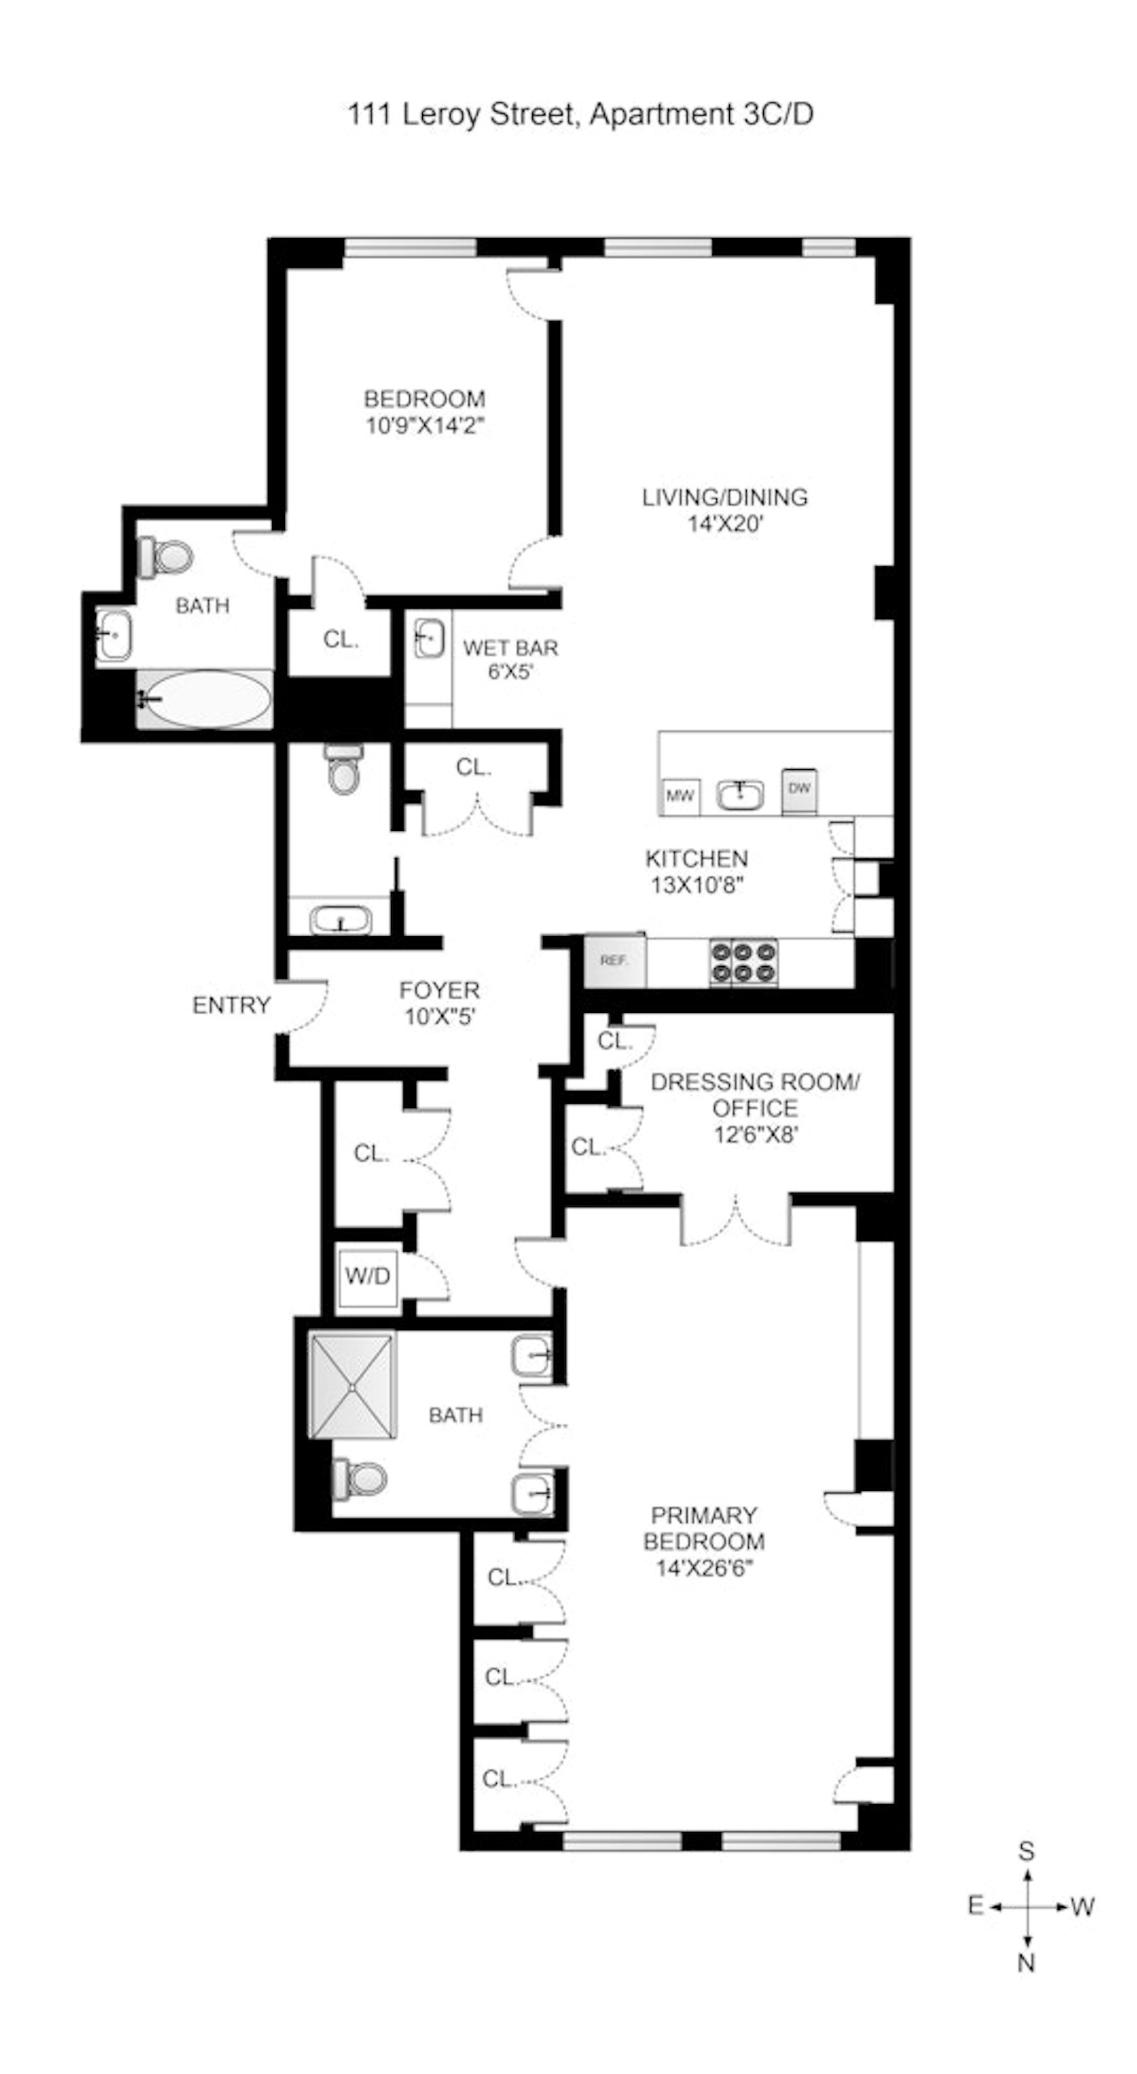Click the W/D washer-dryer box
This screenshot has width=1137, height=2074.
point(368,1276)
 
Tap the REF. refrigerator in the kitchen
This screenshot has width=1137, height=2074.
point(615,960)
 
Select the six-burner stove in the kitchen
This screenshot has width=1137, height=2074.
point(743,961)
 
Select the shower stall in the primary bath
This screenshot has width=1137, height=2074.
point(352,1385)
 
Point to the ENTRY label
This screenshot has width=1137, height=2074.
point(231,1005)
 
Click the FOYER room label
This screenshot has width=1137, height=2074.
point(440,989)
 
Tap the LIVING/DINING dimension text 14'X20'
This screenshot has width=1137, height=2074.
point(725,524)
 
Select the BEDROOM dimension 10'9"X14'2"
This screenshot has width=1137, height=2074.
point(425,425)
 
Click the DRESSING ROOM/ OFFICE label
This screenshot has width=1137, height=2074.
point(755,1095)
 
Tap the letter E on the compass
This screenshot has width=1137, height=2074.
point(975,1905)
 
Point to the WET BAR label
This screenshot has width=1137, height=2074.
point(510,647)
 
